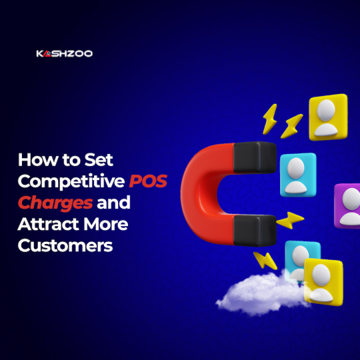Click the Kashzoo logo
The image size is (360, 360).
(65, 53)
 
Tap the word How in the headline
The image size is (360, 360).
(38, 159)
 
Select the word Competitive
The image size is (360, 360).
(71, 181)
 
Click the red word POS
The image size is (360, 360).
(148, 181)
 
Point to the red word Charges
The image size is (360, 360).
(55, 203)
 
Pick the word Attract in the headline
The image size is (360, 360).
(49, 224)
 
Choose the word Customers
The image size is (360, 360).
(65, 245)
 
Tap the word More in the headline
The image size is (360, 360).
(106, 224)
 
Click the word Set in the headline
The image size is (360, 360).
(99, 159)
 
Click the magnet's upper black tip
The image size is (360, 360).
(255, 157)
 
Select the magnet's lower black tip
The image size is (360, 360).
(255, 230)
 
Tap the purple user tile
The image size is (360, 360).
(347, 206)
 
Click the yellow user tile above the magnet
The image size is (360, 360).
(328, 117)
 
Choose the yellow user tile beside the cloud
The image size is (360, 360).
(323, 282)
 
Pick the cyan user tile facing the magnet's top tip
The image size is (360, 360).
(298, 175)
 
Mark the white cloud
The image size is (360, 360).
(262, 293)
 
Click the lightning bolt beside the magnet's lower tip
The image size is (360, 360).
(290, 220)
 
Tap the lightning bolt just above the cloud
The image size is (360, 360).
(265, 261)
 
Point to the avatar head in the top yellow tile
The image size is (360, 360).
(326, 110)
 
